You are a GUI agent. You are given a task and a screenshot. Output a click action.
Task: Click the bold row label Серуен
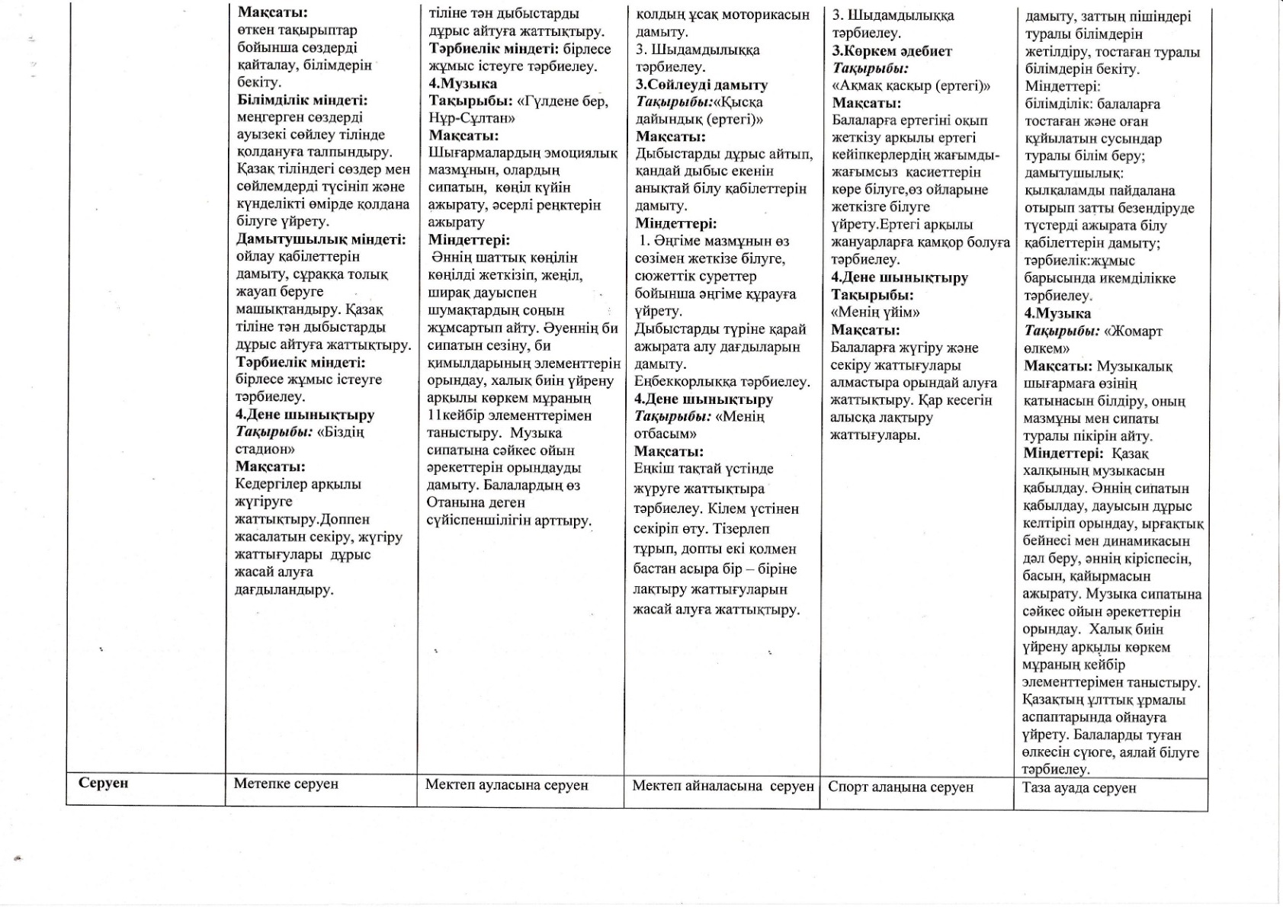point(104,783)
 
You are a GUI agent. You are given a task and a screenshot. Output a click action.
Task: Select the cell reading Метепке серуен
point(286,784)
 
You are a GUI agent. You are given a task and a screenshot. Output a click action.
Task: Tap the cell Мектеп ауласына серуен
point(507,784)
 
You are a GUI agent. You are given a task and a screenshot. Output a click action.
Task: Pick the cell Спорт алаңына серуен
point(900,787)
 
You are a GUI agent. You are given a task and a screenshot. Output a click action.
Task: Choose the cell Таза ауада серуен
point(1079,787)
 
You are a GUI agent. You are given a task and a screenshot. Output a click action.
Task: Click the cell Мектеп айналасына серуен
point(723,785)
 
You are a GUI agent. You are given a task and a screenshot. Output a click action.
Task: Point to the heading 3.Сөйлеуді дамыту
point(701,85)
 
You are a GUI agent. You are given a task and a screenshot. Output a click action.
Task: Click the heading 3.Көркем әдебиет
point(891,51)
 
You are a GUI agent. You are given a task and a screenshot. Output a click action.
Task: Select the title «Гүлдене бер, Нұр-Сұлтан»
point(518,109)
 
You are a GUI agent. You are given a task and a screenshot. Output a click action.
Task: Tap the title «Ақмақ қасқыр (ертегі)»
point(911,85)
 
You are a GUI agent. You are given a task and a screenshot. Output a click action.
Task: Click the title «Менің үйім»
point(875,312)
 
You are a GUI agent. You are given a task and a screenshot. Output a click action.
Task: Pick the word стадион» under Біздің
point(265,449)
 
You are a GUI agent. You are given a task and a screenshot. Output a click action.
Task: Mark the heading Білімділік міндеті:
point(302,100)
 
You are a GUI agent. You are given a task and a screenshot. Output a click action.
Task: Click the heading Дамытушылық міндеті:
point(320,239)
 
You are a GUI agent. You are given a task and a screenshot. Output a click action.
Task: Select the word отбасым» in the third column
point(665,434)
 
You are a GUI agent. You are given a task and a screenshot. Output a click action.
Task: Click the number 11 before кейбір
point(434,415)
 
